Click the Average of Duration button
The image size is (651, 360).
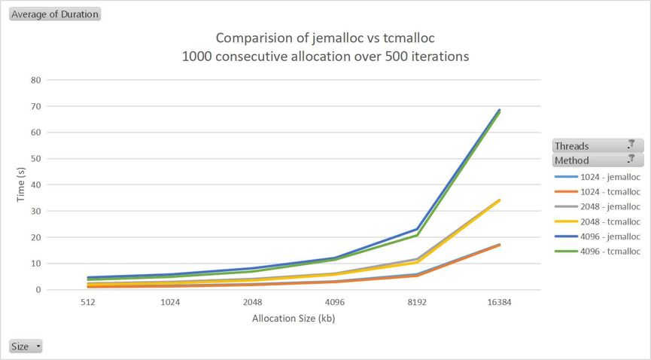pos(54,14)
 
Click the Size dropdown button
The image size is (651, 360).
pos(26,346)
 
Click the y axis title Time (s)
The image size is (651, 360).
pos(21,185)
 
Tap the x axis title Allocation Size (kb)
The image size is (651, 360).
pos(294,319)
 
